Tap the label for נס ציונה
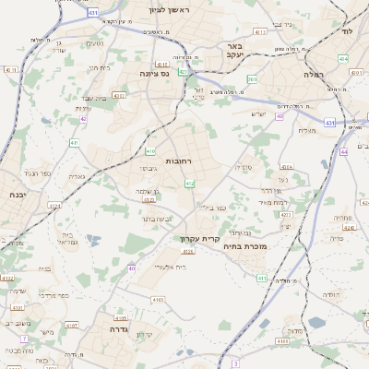(153, 73)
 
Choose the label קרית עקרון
(196, 238)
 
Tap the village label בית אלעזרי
(167, 266)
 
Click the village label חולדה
(329, 294)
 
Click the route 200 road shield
(252, 80)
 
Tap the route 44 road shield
(343, 152)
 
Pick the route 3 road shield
(235, 363)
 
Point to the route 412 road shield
(189, 184)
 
